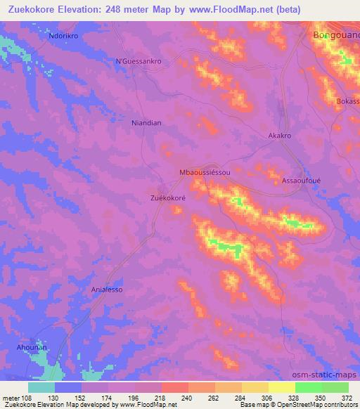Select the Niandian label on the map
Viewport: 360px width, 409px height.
(146, 123)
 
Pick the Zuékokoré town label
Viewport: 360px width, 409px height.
(168, 198)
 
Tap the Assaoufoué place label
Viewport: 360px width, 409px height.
(301, 180)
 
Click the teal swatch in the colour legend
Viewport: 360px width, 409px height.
(41, 387)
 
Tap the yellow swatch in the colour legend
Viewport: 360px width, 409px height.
(282, 387)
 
